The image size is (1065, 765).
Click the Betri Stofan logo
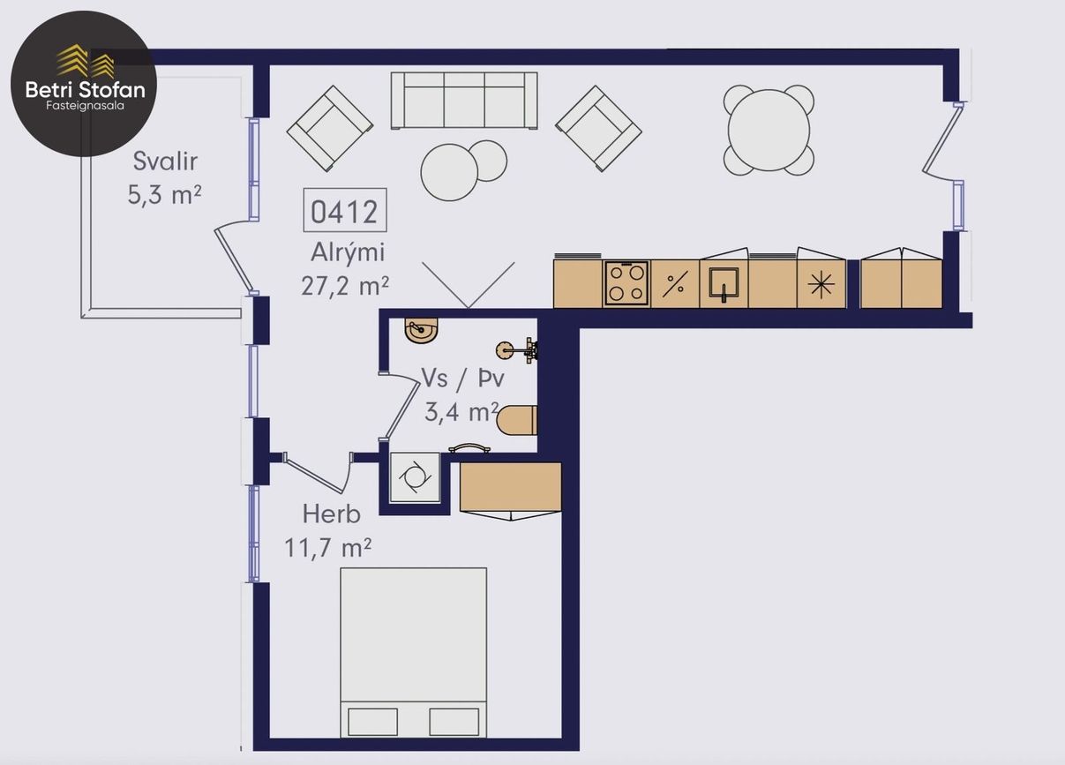pyautogui.click(x=84, y=84)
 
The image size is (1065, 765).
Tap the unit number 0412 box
pyautogui.click(x=345, y=210)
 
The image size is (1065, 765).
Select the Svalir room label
pyautogui.click(x=165, y=161)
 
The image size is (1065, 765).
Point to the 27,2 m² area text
pyautogui.click(x=345, y=286)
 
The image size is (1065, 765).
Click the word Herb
pyautogui.click(x=332, y=514)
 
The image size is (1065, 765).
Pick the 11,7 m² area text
pyautogui.click(x=327, y=548)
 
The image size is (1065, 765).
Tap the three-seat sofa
pyautogui.click(x=464, y=101)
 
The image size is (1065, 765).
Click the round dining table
pyautogui.click(x=769, y=130)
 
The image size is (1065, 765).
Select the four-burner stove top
pyautogui.click(x=626, y=284)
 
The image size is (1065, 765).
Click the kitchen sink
pyautogui.click(x=724, y=284)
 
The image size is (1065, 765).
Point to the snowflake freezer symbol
pyautogui.click(x=821, y=285)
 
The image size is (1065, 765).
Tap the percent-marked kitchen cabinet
pyautogui.click(x=675, y=284)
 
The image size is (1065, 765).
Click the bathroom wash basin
pyautogui.click(x=421, y=329)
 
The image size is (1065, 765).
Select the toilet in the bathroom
pyautogui.click(x=517, y=420)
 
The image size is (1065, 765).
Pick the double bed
pyautogui.click(x=413, y=652)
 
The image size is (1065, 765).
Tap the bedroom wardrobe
pyautogui.click(x=511, y=487)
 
